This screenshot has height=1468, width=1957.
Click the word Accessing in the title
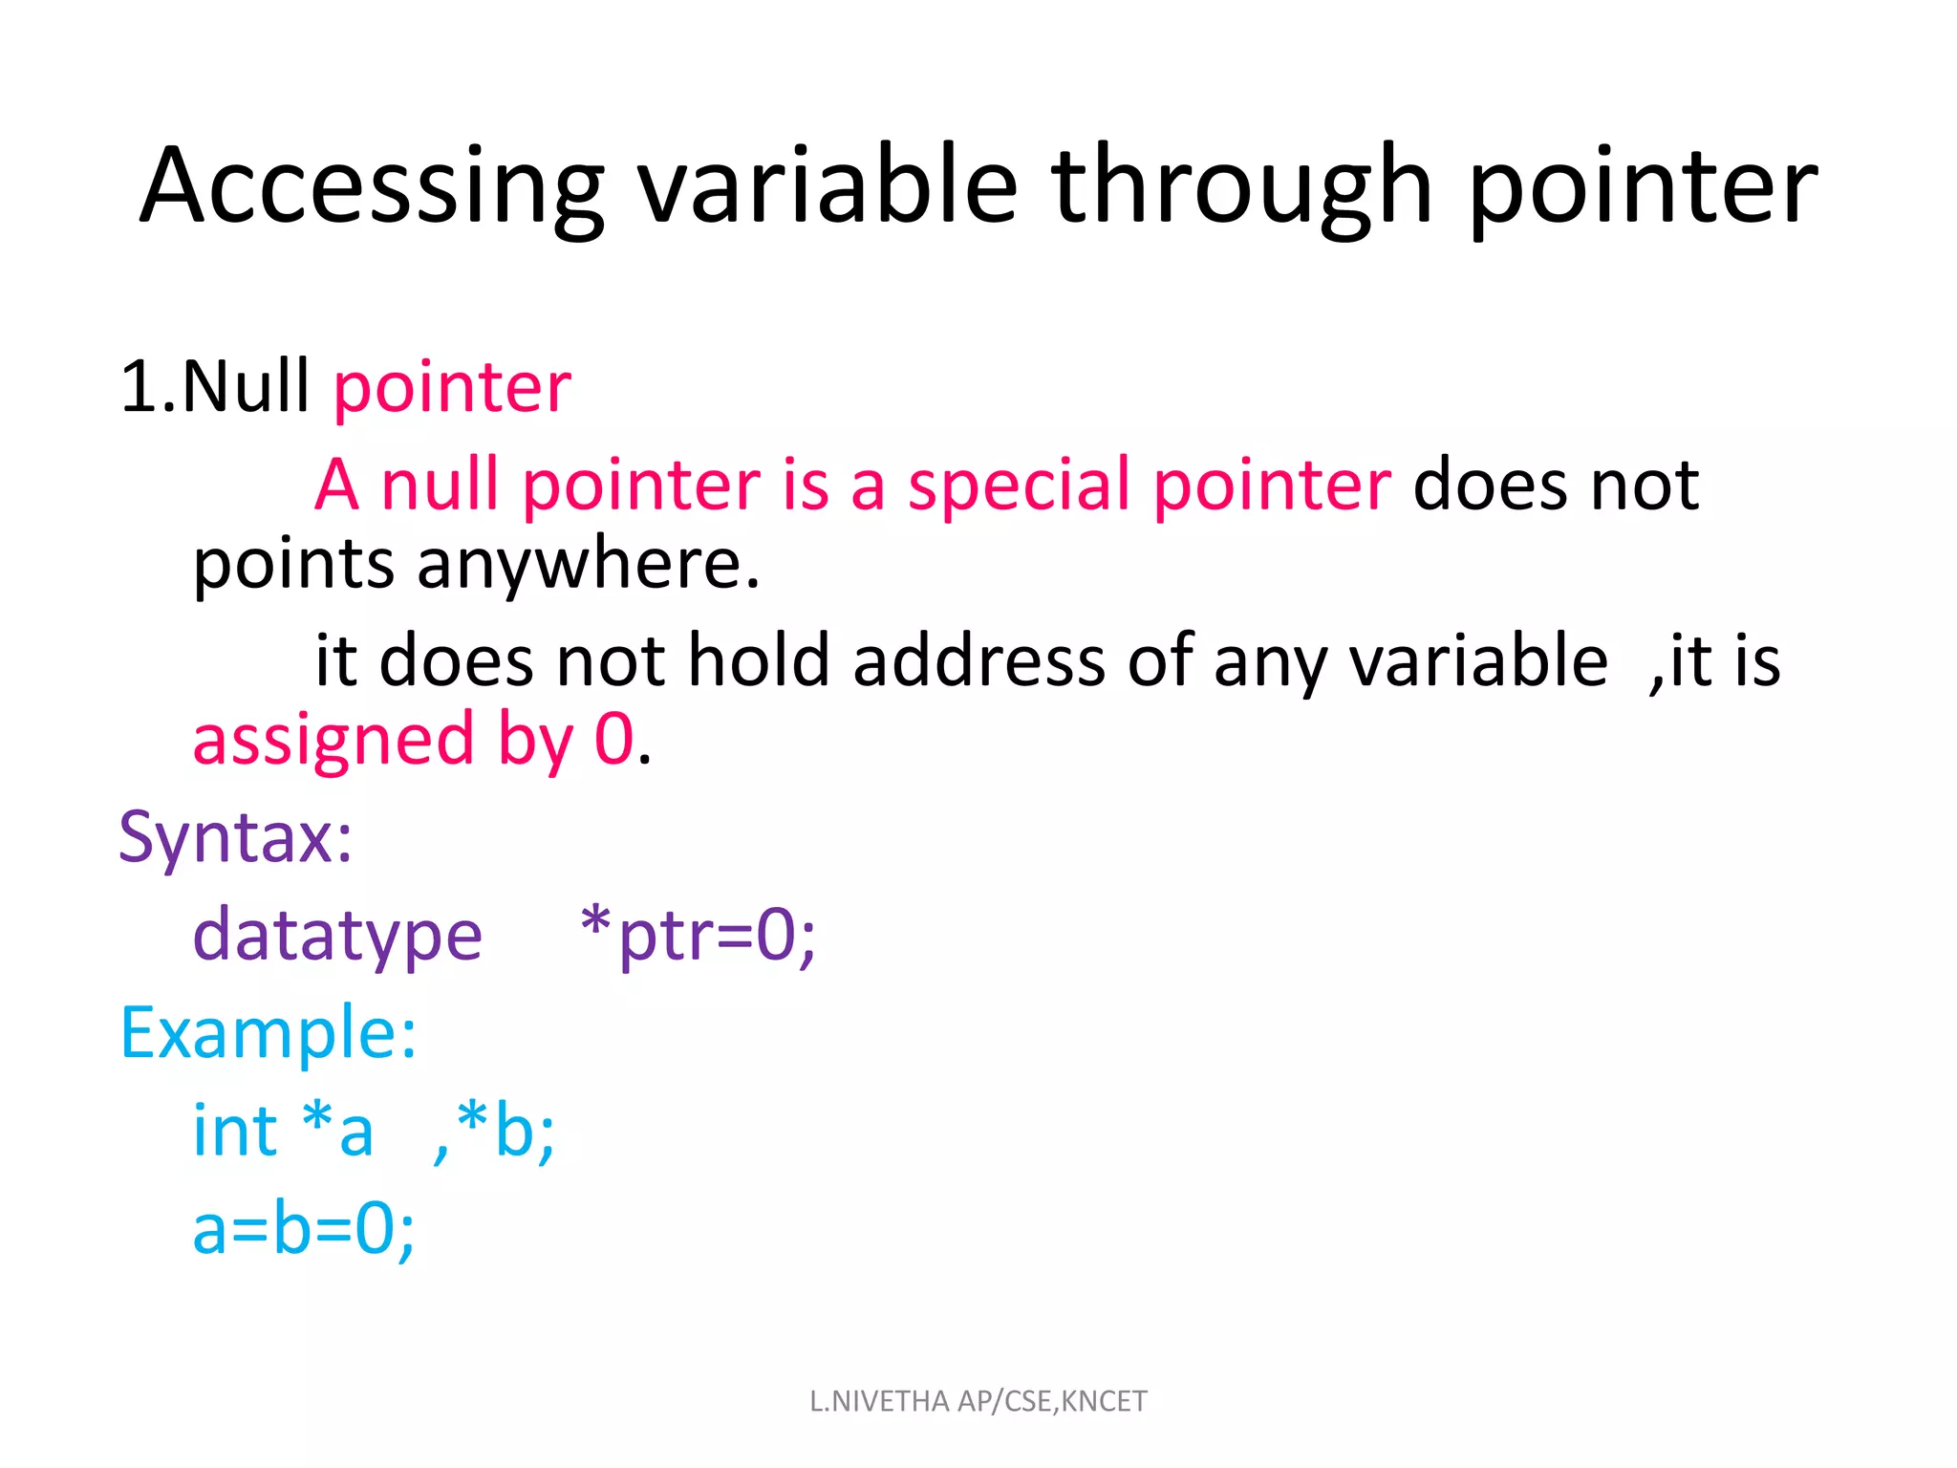point(372,187)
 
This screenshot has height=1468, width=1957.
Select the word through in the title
point(1242,187)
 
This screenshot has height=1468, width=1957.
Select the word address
point(978,659)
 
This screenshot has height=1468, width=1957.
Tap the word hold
point(759,659)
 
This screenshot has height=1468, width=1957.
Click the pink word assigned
point(333,742)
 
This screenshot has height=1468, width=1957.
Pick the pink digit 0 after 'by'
point(614,739)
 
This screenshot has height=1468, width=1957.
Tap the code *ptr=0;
point(699,935)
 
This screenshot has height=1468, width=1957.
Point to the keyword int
point(235,1130)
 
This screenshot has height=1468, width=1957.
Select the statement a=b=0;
point(304,1229)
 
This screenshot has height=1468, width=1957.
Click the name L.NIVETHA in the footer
point(879,1401)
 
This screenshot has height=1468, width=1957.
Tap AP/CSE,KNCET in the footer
point(1052,1402)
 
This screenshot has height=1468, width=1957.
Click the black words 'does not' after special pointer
point(1556,486)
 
